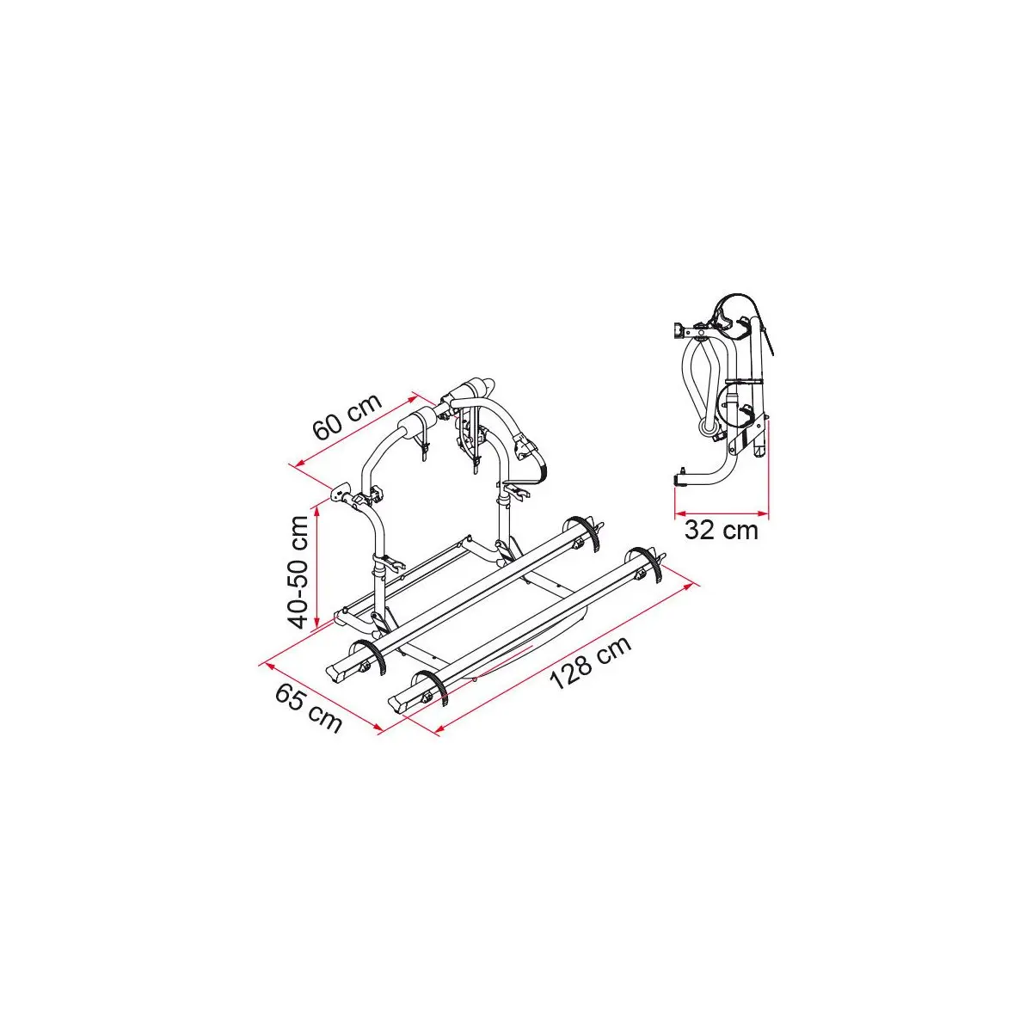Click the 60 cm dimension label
point(347,416)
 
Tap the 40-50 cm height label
point(298,571)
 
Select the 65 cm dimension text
point(309,709)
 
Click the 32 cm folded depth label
point(722,531)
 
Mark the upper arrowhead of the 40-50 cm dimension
point(317,510)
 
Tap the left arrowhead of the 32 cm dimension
point(680,514)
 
